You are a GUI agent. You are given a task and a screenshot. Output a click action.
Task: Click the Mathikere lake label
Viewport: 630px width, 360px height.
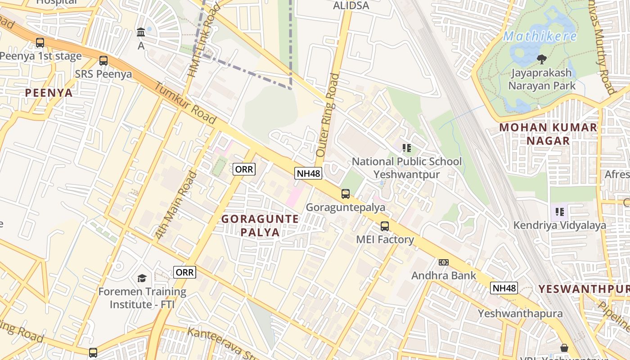[x=540, y=36]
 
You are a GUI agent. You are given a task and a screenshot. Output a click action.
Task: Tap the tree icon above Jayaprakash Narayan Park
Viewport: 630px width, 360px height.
[x=542, y=59]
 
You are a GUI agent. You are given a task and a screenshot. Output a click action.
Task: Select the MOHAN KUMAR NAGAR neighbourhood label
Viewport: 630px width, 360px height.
[x=548, y=134]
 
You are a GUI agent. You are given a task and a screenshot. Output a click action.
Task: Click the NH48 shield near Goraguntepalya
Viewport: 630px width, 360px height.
[x=308, y=173]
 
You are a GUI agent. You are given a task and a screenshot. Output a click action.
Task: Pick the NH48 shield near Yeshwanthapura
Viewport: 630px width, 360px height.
[x=504, y=288]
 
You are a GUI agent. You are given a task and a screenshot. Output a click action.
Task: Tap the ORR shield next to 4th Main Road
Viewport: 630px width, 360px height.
[x=244, y=169]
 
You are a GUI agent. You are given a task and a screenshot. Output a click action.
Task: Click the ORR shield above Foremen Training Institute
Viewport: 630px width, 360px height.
[x=184, y=272]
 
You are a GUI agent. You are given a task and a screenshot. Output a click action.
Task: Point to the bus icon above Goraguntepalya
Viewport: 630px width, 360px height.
[x=345, y=194]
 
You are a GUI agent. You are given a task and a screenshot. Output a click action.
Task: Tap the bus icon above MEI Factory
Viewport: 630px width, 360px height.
[x=384, y=226]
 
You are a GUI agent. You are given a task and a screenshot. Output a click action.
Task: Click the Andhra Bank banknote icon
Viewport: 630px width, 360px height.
[x=444, y=262]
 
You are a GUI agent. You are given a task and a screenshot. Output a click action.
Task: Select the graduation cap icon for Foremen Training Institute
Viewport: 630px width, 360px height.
[x=142, y=278]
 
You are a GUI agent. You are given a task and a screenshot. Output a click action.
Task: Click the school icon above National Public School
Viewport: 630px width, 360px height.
[x=407, y=148]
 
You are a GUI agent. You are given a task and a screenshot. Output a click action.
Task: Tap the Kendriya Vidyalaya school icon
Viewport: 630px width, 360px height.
[x=560, y=211]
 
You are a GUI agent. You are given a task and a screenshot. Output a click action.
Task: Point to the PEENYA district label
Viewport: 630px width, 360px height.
[x=49, y=93]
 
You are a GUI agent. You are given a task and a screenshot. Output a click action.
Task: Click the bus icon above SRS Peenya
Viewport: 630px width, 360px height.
[x=103, y=61]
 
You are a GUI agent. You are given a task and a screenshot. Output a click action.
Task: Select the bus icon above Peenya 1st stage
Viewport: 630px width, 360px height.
[x=40, y=43]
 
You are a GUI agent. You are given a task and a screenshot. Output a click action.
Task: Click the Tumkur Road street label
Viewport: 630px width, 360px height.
[x=185, y=104]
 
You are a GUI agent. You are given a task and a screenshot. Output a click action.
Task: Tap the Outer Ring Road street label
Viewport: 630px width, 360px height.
[x=327, y=115]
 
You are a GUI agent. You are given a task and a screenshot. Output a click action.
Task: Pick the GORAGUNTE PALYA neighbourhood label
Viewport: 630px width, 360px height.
[x=260, y=225]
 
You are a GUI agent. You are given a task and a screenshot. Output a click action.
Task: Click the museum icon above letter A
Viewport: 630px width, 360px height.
[x=141, y=32]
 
